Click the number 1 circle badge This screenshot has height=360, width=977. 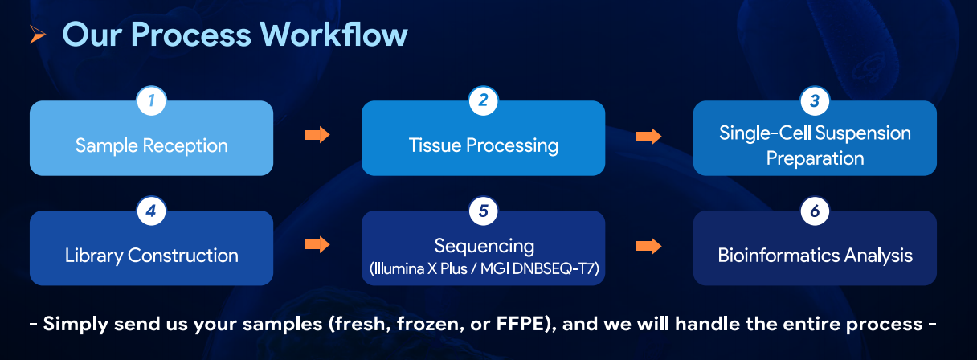pyautogui.click(x=151, y=101)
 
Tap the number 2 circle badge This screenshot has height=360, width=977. pyautogui.click(x=483, y=101)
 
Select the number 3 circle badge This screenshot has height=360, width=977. pyautogui.click(x=815, y=101)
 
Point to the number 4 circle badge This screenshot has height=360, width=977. pyautogui.click(x=151, y=211)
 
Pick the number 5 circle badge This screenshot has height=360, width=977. pyautogui.click(x=483, y=211)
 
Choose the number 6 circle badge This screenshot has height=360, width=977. pyautogui.click(x=815, y=211)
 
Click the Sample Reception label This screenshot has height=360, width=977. pyautogui.click(x=151, y=145)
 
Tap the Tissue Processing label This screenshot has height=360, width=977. pyautogui.click(x=483, y=145)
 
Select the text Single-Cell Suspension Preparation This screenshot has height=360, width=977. pyautogui.click(x=815, y=145)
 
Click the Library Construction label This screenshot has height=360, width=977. pyautogui.click(x=151, y=256)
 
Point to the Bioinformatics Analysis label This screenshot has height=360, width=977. pyautogui.click(x=815, y=256)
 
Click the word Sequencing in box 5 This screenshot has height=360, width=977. pyautogui.click(x=483, y=245)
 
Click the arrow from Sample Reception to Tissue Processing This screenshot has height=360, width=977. pyautogui.click(x=317, y=135)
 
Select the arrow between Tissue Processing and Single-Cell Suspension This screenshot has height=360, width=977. pyautogui.click(x=649, y=135)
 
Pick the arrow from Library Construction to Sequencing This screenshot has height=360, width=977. pyautogui.click(x=317, y=245)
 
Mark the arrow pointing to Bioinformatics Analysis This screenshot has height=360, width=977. pyautogui.click(x=649, y=245)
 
